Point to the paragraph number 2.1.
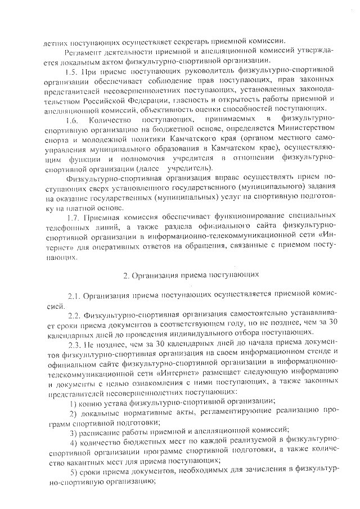coord(75,296)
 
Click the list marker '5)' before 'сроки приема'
coord(74,476)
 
